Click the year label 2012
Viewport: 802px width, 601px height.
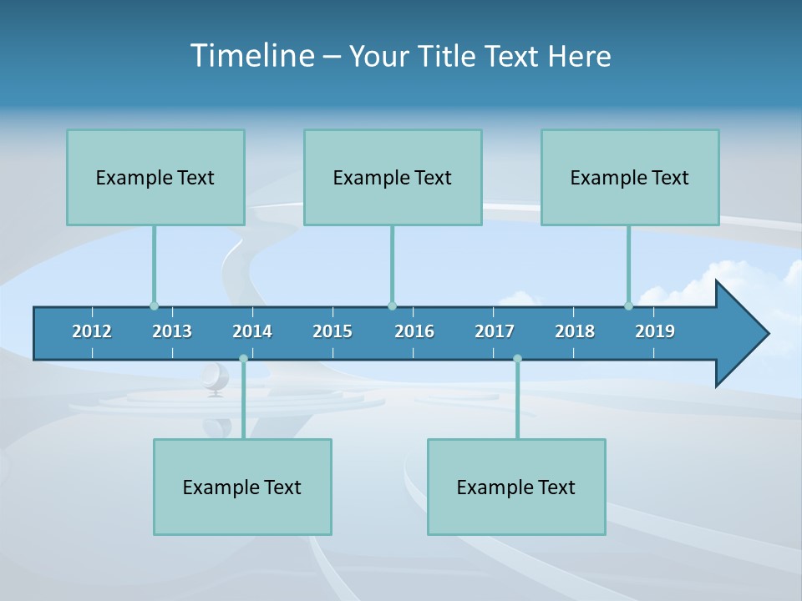[x=92, y=331]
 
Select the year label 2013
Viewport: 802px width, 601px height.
[x=172, y=331]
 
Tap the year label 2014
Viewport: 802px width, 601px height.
[x=252, y=331]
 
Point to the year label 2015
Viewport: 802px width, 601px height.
[x=332, y=331]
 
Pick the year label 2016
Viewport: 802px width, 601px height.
[x=414, y=331]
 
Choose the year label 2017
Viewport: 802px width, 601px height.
[x=495, y=331]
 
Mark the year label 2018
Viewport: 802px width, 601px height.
[x=575, y=331]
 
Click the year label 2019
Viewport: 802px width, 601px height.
[x=655, y=331]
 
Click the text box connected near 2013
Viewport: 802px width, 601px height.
[x=155, y=177]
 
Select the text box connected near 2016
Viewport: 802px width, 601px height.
[x=393, y=177]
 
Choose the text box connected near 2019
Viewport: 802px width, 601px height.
[x=630, y=177]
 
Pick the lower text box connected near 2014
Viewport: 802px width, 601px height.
[x=242, y=487]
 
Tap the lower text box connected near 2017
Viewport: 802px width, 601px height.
[x=516, y=487]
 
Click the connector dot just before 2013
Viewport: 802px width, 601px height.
[x=154, y=306]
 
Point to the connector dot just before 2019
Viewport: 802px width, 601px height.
[x=628, y=306]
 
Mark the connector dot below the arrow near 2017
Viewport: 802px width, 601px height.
[x=517, y=359]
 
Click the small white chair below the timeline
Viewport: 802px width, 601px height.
[x=215, y=377]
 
